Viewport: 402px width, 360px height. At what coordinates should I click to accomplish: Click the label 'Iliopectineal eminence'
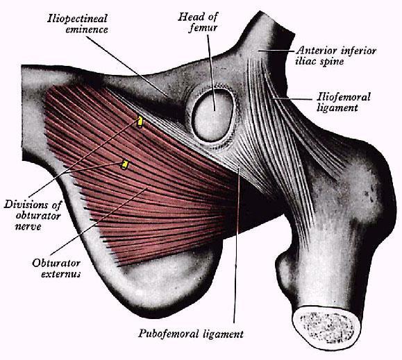[78, 24]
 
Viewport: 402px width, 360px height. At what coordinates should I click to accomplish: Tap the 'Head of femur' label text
[198, 22]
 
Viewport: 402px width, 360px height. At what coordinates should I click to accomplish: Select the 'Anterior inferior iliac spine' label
[336, 55]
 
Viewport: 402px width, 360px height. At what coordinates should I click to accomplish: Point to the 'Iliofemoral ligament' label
[344, 102]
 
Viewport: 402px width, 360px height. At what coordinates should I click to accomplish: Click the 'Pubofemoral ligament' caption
[191, 334]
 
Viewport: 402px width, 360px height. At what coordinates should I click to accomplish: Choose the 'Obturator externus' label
[56, 268]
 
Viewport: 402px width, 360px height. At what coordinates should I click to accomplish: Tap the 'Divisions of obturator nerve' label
[33, 216]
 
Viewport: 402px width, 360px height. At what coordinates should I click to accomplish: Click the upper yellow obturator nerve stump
[140, 121]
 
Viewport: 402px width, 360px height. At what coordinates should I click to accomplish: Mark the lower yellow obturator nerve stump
[124, 164]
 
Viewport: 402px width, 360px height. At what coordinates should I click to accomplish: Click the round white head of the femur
[212, 115]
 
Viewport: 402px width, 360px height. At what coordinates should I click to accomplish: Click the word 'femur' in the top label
[203, 28]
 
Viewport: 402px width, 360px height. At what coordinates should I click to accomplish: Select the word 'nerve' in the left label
[28, 226]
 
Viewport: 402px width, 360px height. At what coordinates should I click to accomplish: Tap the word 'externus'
[61, 274]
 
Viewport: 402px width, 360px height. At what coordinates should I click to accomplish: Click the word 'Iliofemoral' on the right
[344, 97]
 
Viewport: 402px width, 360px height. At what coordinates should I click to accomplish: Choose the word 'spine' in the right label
[331, 62]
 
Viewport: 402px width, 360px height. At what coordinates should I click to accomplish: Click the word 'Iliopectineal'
[77, 19]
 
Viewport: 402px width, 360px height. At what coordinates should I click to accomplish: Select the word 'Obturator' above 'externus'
[56, 263]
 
